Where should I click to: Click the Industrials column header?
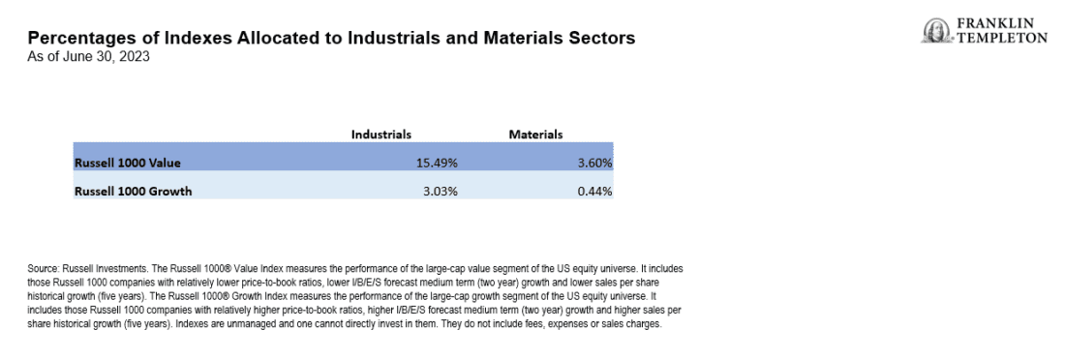pyautogui.click(x=381, y=135)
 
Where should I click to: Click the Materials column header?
pyautogui.click(x=535, y=135)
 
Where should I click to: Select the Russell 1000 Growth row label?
pyautogui.click(x=134, y=191)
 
